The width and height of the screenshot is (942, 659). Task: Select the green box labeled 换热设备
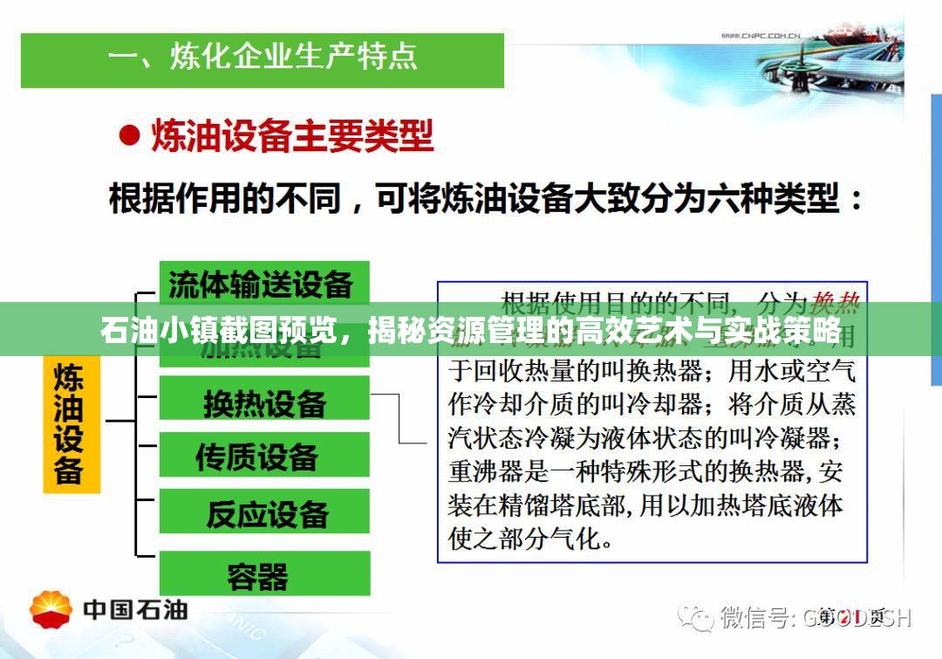pyautogui.click(x=263, y=403)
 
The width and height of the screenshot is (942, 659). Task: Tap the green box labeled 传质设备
pyautogui.click(x=263, y=456)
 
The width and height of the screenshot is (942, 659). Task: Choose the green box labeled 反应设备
pyautogui.click(x=263, y=512)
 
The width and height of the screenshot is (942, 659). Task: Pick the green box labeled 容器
pyautogui.click(x=263, y=576)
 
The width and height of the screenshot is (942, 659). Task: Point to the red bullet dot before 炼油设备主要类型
pyautogui.click(x=129, y=136)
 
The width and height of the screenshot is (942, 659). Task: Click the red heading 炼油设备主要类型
pyautogui.click(x=292, y=137)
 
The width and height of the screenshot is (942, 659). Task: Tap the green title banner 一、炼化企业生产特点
pyautogui.click(x=262, y=58)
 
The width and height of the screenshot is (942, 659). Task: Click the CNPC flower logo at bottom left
pyautogui.click(x=51, y=608)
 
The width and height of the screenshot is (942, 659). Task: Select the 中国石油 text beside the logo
pyautogui.click(x=135, y=609)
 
